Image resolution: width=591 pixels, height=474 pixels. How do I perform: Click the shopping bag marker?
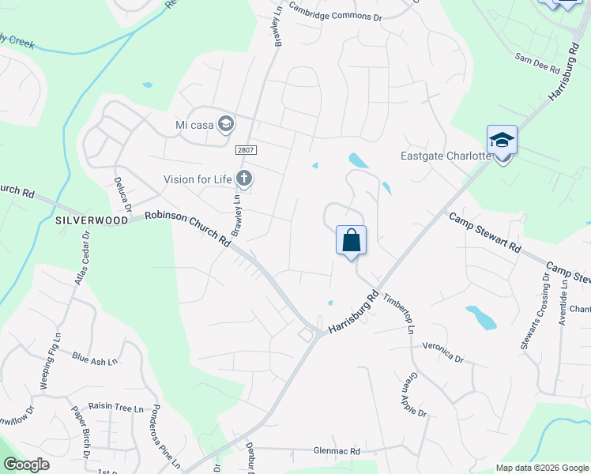click(x=351, y=240)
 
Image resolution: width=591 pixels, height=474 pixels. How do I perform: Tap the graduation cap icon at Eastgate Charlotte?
click(x=502, y=140)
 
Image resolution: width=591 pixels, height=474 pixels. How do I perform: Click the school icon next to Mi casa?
click(x=227, y=124)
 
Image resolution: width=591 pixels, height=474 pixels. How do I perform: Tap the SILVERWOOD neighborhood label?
click(x=92, y=221)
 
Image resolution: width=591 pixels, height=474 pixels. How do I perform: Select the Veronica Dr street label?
click(x=442, y=352)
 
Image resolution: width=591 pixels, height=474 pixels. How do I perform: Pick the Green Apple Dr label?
click(x=417, y=397)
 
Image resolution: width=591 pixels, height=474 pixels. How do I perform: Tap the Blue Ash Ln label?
click(x=94, y=360)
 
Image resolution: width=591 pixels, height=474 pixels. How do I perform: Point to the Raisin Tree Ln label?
click(x=116, y=408)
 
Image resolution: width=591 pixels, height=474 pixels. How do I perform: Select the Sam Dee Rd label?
click(x=536, y=62)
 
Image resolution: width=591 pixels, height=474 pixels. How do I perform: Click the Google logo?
click(x=26, y=465)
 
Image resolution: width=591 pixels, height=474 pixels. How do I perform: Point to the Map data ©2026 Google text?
click(x=541, y=468)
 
